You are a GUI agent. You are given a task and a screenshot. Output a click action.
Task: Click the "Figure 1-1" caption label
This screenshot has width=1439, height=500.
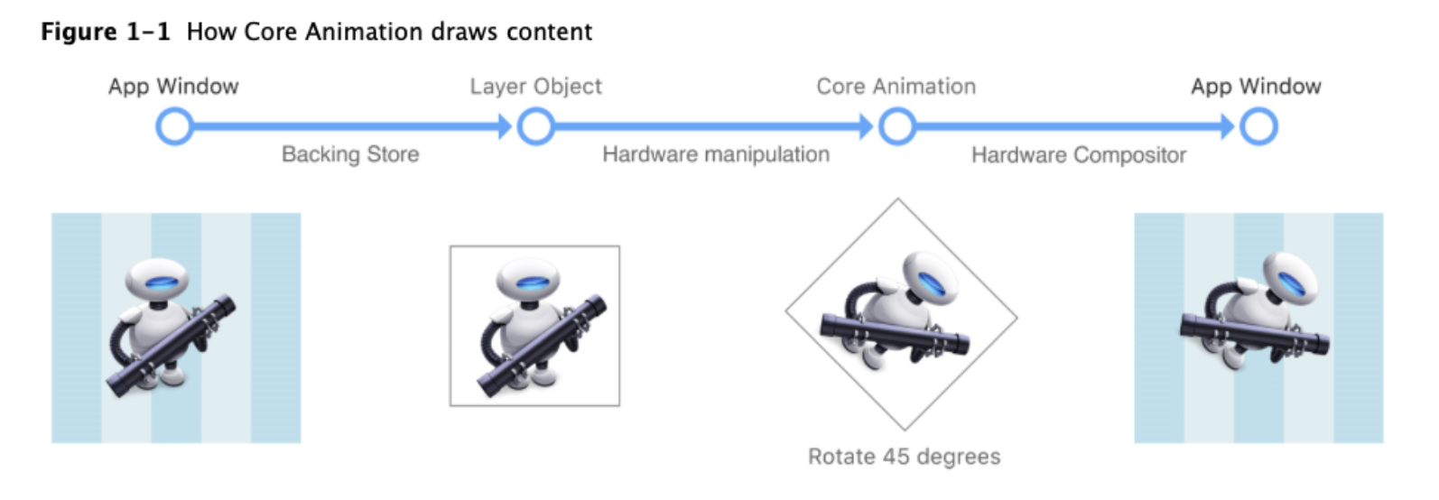point(105,32)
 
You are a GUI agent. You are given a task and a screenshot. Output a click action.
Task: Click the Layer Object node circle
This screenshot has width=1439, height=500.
point(535,126)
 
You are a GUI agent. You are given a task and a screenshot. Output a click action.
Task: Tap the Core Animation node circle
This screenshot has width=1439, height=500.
point(896,126)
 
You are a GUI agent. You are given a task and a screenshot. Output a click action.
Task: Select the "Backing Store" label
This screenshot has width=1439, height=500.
point(350,154)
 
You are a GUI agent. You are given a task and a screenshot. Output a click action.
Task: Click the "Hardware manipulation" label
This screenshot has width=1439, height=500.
point(716,154)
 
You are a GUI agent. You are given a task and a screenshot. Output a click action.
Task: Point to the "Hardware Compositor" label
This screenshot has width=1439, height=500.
point(1079,155)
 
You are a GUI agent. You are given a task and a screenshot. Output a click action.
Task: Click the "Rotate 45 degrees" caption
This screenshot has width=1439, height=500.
point(904,457)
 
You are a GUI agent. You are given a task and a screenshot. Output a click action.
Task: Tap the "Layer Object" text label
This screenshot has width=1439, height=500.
point(535,87)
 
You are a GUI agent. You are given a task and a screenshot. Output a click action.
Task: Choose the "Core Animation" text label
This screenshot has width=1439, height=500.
point(896,87)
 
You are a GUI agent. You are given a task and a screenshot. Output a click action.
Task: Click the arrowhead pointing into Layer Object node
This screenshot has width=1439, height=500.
point(506,126)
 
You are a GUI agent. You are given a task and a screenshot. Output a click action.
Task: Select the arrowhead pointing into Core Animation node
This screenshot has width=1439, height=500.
point(867,126)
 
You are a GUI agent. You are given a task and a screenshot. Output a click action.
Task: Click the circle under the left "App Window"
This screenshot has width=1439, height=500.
point(174,126)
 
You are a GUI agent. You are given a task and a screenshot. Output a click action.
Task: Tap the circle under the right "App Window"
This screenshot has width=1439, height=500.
point(1258,126)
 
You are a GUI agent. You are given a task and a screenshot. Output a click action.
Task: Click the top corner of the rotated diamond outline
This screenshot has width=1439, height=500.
point(898,199)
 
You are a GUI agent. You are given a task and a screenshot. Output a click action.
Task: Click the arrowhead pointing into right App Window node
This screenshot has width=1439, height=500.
point(1228,126)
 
